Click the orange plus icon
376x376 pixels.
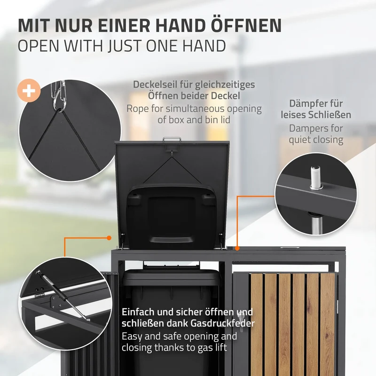click(29, 91)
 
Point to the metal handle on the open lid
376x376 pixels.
click(172, 139)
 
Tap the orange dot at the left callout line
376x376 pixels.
click(109, 238)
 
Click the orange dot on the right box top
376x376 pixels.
click(237, 249)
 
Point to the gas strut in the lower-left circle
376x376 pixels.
click(63, 296)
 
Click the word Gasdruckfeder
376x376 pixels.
click(223, 323)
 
